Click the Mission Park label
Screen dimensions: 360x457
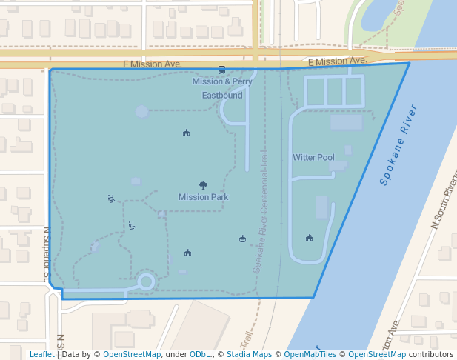click(203, 197)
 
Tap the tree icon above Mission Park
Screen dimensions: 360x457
click(203, 185)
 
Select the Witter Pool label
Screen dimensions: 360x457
click(313, 157)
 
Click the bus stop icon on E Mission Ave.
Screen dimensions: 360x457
click(221, 70)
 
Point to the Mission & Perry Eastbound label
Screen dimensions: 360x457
click(222, 88)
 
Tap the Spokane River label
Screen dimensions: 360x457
click(398, 145)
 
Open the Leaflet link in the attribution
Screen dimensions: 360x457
click(42, 355)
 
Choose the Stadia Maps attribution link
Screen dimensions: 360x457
click(249, 355)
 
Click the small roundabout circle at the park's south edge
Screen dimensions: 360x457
click(146, 281)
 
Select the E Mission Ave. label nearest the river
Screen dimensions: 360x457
click(337, 61)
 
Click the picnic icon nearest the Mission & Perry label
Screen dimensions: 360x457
click(186, 133)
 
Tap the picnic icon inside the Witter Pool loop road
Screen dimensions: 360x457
click(309, 238)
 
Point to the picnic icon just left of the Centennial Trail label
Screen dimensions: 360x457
click(242, 238)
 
